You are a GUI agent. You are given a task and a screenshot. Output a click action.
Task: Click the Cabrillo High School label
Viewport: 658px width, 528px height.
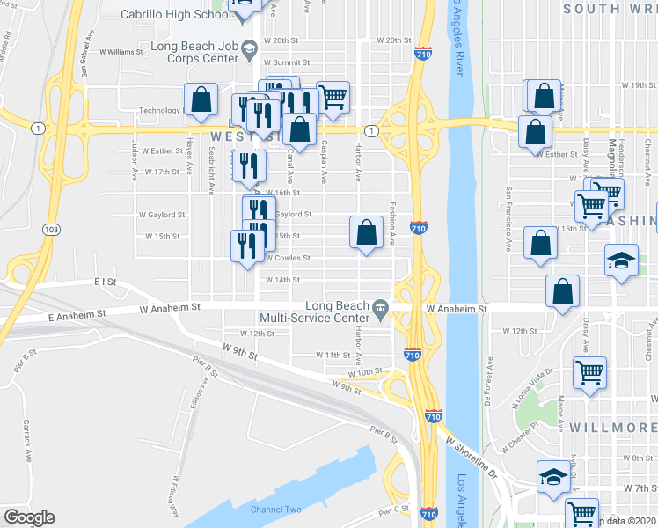[177, 15]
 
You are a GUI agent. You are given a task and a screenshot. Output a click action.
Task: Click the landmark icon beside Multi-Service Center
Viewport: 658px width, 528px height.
[380, 308]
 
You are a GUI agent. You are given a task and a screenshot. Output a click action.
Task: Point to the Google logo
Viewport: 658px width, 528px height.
[30, 517]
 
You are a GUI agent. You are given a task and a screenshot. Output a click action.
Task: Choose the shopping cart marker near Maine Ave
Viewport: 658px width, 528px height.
[589, 371]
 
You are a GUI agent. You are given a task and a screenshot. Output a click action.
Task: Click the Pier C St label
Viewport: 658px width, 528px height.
[395, 510]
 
